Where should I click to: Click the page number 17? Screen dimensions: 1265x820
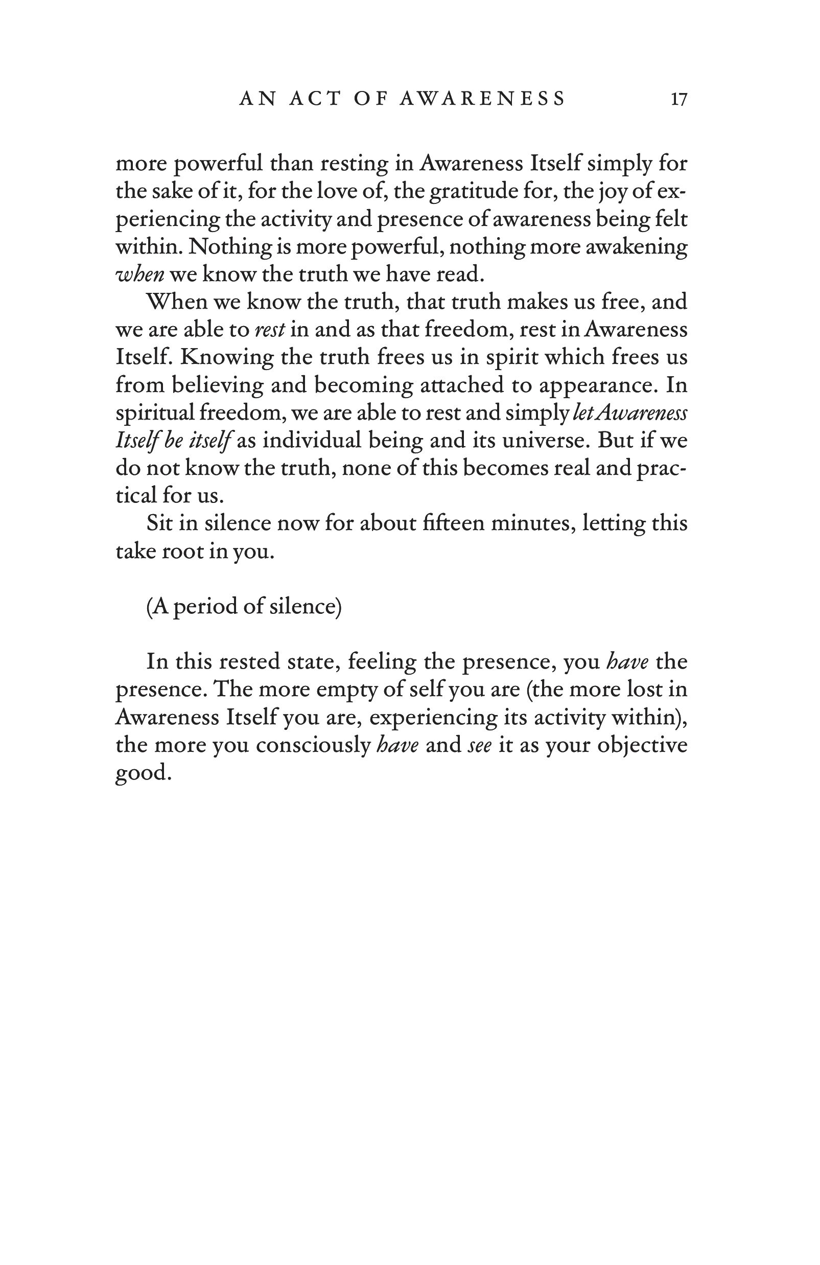(x=678, y=99)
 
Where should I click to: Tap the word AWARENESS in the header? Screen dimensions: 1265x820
(x=482, y=99)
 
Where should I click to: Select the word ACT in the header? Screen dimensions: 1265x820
(x=315, y=99)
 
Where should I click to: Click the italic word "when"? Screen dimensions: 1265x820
(x=140, y=274)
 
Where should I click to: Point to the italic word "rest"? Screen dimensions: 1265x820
(x=270, y=330)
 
